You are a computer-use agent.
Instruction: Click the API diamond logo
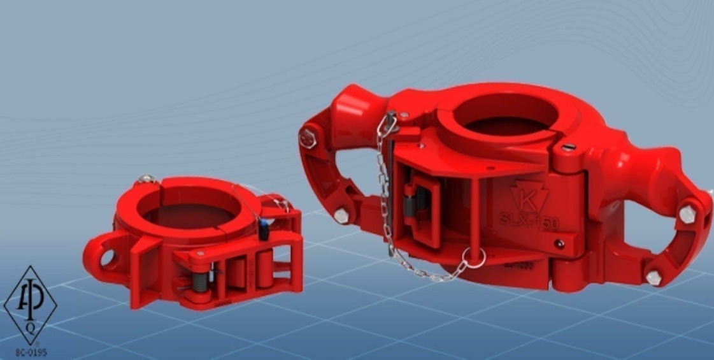point(30,305)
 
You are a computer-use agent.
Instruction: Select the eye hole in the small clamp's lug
point(106,257)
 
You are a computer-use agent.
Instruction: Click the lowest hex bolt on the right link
point(653,277)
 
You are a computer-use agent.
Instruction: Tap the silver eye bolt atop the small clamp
point(148,179)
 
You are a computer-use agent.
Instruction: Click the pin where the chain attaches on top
point(390,118)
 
